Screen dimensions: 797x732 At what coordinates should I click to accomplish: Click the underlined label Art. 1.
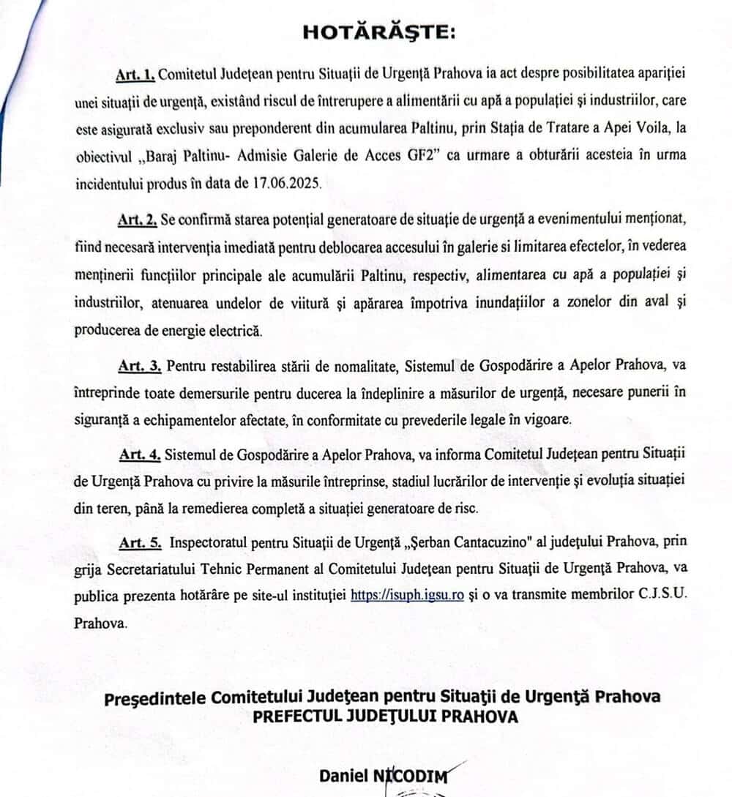point(135,75)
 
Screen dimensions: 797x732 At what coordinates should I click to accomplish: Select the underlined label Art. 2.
point(135,220)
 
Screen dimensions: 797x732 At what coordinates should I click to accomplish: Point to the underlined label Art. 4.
point(140,454)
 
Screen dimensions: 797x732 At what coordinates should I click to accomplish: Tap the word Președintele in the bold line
point(154,695)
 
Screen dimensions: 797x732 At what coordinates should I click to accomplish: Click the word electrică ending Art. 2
point(234,329)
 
